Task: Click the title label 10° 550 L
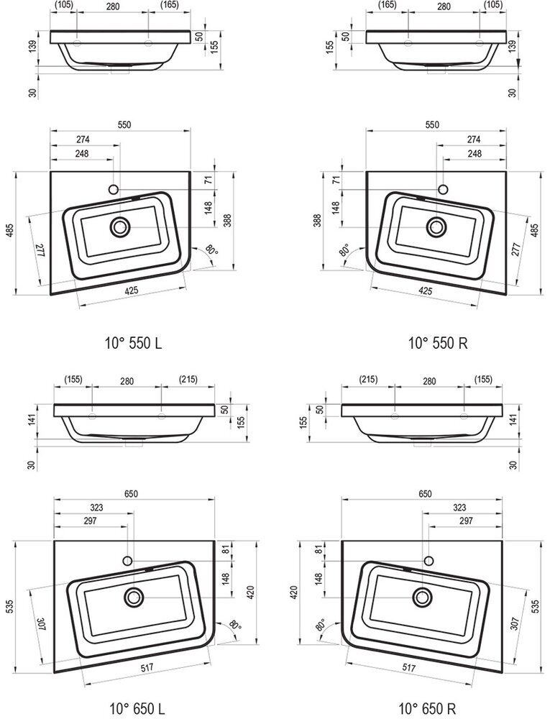pyautogui.click(x=134, y=343)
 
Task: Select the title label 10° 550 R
pyautogui.click(x=438, y=343)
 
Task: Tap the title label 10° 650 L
pyautogui.click(x=137, y=709)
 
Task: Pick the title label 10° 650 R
pyautogui.click(x=427, y=709)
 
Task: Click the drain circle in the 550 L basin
pyautogui.click(x=120, y=227)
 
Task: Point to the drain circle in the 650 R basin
pyautogui.click(x=423, y=597)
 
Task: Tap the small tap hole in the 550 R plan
pyautogui.click(x=443, y=189)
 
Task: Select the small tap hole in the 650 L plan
pyautogui.click(x=128, y=560)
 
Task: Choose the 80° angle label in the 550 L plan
pyautogui.click(x=211, y=251)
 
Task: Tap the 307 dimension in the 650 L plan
pyautogui.click(x=40, y=624)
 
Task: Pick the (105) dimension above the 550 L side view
pyautogui.click(x=63, y=6)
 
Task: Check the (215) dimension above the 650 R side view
pyautogui.click(x=368, y=379)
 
